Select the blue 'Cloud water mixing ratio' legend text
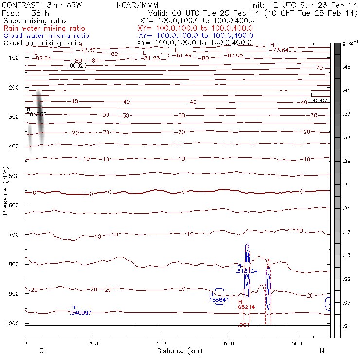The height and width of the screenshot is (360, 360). point(46,36)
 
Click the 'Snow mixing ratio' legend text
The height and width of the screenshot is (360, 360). point(33,21)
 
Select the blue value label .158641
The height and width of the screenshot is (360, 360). point(218,300)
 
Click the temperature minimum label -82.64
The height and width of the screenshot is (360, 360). point(41,58)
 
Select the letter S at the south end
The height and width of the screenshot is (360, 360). point(42,351)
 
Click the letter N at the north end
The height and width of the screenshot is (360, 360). point(322,351)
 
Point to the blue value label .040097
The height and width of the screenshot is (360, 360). point(81,313)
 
